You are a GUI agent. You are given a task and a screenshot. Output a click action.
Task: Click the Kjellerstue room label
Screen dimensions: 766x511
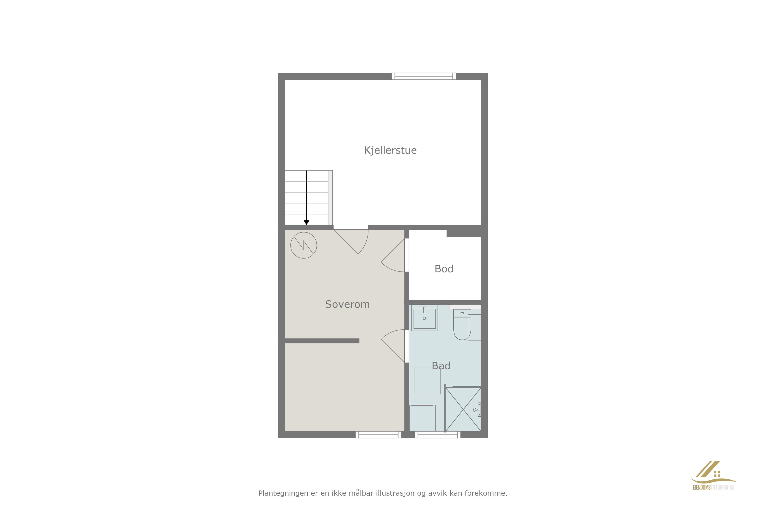tap(390, 150)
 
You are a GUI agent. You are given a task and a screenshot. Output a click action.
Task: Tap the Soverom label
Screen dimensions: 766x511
tap(347, 304)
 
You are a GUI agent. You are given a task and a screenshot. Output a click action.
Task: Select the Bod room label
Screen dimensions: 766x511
tap(444, 269)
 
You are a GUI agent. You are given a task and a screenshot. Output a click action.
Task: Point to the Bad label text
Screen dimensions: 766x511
tap(441, 366)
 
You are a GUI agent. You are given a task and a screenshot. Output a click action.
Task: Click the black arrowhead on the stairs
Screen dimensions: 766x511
tap(306, 223)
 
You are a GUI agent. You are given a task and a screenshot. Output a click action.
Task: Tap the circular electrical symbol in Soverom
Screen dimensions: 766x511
tap(304, 245)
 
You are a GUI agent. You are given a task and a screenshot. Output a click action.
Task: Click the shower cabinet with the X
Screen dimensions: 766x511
tap(463, 409)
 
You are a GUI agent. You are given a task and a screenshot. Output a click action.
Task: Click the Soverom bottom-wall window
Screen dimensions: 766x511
tap(378, 435)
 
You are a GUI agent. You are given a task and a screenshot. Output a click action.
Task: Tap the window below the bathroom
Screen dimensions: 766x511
tap(437, 435)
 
